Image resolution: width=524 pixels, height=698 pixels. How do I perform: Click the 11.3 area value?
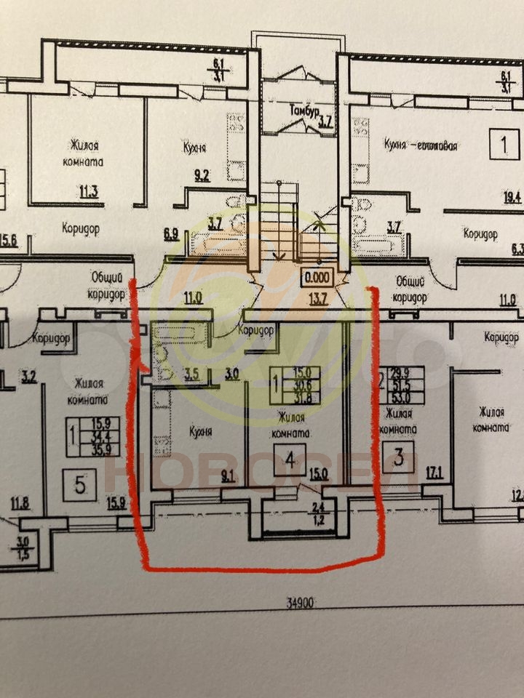(90, 193)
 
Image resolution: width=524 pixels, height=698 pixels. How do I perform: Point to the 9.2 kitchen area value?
(201, 175)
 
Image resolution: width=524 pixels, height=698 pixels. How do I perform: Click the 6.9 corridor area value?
(172, 234)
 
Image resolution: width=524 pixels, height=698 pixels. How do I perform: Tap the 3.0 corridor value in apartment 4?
(232, 375)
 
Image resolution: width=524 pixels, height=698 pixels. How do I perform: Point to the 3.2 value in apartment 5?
(29, 377)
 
